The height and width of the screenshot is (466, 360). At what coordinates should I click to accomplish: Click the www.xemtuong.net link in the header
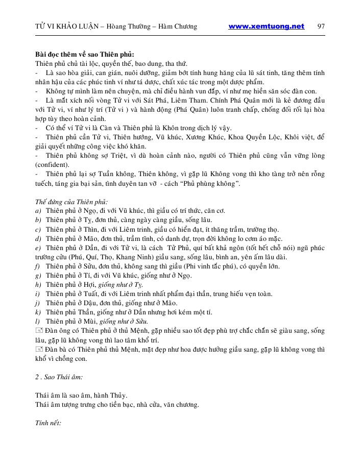266,27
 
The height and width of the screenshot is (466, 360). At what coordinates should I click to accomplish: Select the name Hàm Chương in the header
179,27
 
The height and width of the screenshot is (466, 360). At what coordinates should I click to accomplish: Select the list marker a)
38,211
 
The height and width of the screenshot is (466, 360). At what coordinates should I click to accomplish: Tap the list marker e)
38,248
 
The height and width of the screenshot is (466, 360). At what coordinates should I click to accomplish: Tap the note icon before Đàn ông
39,331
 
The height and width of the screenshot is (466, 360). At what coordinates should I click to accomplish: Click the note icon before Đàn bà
39,349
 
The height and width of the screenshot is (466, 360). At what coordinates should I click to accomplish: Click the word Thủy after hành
117,396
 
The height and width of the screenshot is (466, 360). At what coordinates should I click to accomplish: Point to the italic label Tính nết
49,423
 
